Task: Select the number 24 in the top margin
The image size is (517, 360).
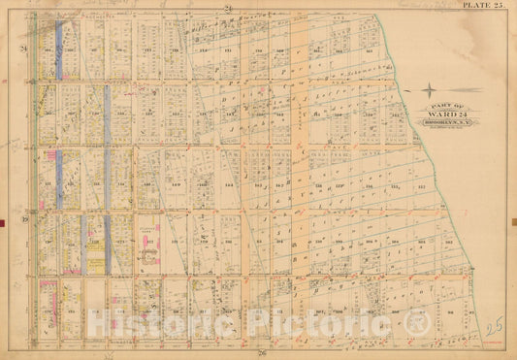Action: point(229,8)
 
